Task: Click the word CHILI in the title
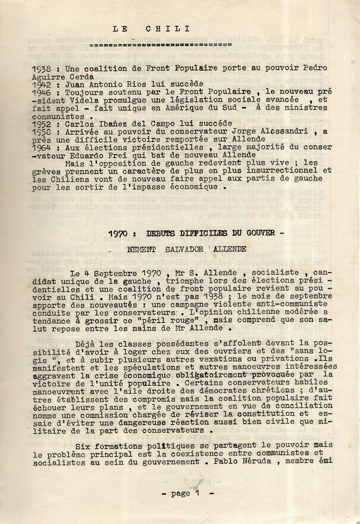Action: pyautogui.click(x=168, y=29)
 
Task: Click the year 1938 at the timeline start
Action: pyautogui.click(x=41, y=69)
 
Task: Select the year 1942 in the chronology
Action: pyautogui.click(x=41, y=85)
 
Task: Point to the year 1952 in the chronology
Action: pyautogui.click(x=41, y=124)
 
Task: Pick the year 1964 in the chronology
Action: pyautogui.click(x=41, y=148)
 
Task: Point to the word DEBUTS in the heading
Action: pyautogui.click(x=163, y=233)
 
